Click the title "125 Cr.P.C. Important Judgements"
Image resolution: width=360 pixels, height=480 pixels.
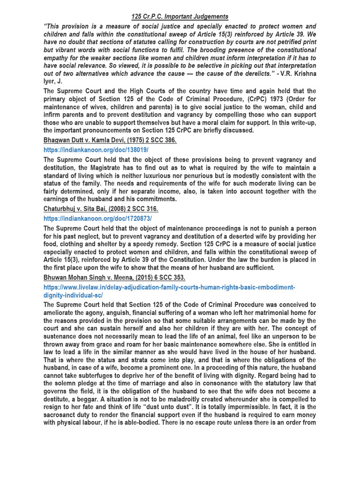coord(180,17)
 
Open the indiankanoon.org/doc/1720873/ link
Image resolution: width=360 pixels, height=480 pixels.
coord(97,218)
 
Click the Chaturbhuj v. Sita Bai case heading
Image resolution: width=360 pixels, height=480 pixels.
coord(101,209)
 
